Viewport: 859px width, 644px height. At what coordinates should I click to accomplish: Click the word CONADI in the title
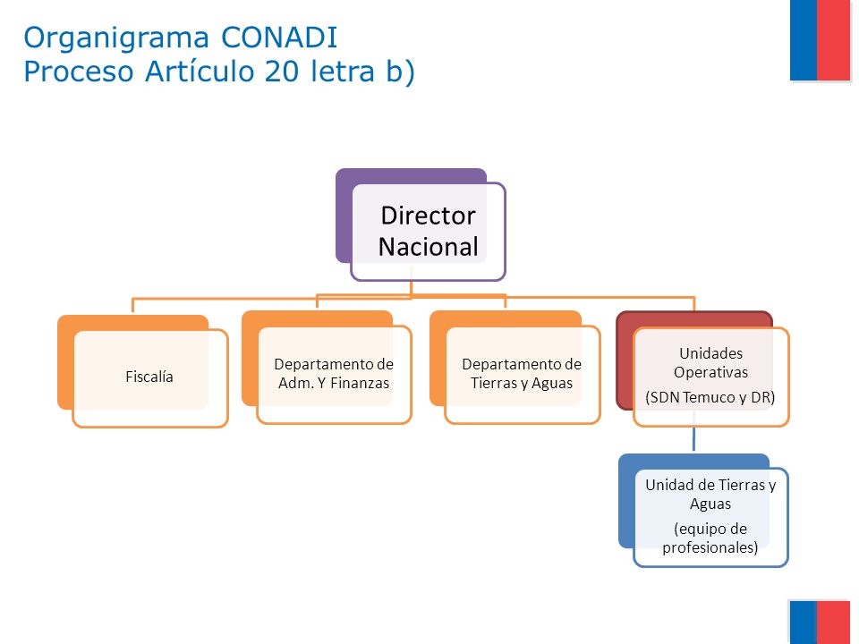[x=279, y=38]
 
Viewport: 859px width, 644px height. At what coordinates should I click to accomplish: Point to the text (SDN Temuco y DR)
[x=710, y=397]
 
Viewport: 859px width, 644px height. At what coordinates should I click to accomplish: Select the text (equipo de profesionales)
[x=710, y=538]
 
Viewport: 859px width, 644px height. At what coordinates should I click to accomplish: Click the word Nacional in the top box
[x=429, y=247]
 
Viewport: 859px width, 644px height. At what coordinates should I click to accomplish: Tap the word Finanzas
[x=360, y=384]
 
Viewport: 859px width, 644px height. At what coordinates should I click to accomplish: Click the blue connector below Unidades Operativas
[x=694, y=438]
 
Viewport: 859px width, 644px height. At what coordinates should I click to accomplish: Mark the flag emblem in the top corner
[x=821, y=40]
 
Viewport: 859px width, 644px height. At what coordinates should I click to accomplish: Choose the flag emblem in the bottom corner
[x=821, y=623]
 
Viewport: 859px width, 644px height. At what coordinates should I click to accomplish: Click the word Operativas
[x=711, y=372]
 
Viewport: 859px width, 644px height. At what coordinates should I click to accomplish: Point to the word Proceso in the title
[x=79, y=72]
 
